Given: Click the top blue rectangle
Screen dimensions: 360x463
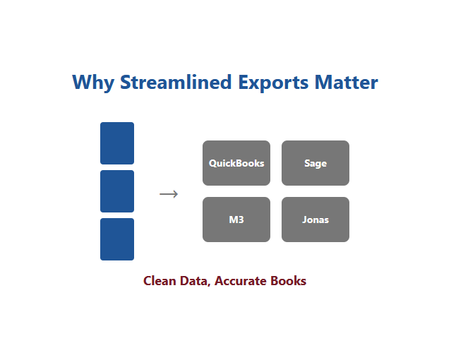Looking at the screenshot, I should pos(117,143).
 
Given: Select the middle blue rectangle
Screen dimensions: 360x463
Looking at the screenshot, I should pos(117,191).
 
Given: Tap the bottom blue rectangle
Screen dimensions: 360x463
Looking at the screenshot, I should pos(117,239).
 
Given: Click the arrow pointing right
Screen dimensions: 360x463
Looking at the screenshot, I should pos(169,194).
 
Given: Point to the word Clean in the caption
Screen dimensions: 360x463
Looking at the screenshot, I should pos(160,281).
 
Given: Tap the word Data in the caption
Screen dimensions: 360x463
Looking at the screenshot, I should pos(194,281).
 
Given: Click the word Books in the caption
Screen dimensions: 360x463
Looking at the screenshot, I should pos(288,281).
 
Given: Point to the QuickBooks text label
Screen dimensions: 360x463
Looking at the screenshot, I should pos(236,163).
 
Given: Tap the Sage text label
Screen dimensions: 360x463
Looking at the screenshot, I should pos(315,163).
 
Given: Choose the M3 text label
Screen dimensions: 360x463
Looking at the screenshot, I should pos(236,220).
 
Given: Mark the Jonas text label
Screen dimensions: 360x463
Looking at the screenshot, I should pos(315,220).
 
